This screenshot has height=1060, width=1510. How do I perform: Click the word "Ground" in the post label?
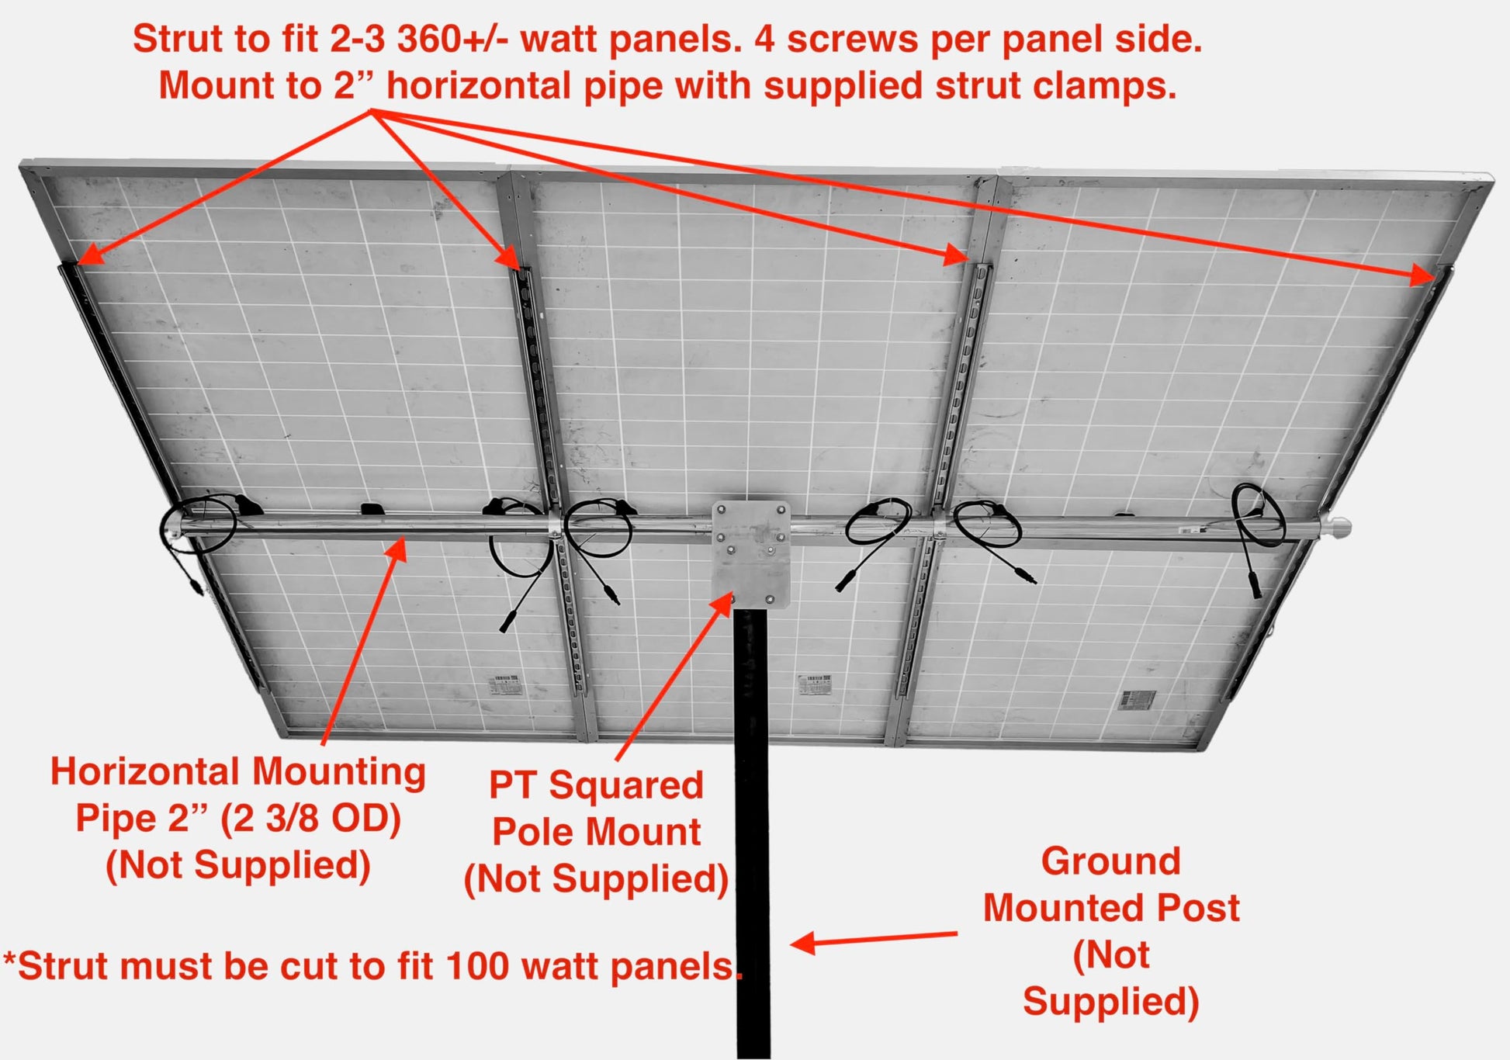click(x=1111, y=861)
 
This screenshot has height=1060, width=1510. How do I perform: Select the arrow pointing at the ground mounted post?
click(x=874, y=939)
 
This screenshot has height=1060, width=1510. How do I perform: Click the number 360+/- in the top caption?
click(x=452, y=39)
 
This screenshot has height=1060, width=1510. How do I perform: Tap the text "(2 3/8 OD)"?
click(x=310, y=819)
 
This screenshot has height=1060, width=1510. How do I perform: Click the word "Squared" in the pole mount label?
click(x=626, y=785)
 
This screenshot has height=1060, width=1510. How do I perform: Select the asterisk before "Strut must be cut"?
click(x=9, y=959)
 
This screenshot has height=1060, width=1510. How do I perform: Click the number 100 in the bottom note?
click(x=478, y=966)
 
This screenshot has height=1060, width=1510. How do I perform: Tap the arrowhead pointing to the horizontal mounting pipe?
click(x=397, y=548)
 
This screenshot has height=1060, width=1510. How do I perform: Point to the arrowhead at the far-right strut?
click(x=1422, y=275)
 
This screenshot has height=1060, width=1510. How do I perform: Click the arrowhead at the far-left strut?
click(x=90, y=255)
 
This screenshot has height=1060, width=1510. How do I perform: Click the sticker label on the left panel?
click(x=507, y=686)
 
